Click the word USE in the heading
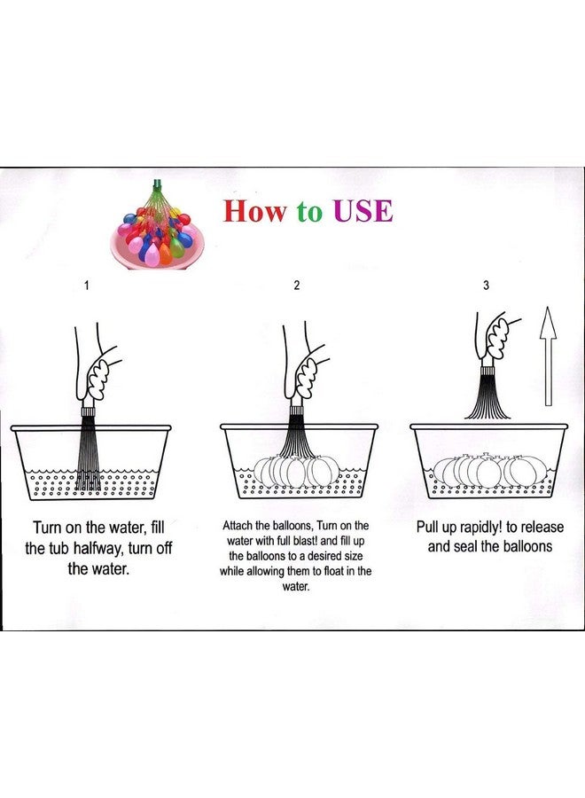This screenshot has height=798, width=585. coord(363,211)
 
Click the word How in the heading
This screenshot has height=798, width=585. coord(255,211)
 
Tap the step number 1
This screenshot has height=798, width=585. coord(87,285)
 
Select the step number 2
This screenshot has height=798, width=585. coord(297,285)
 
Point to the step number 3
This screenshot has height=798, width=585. coord(486,285)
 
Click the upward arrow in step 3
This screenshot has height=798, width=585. coord(548,356)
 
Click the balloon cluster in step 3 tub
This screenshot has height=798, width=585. coord(489,472)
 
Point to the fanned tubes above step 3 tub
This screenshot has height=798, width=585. coord(487,397)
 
